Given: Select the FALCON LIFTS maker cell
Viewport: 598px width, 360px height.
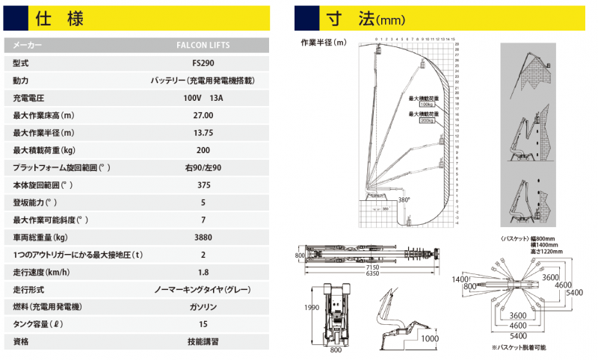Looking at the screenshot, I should coord(203,45).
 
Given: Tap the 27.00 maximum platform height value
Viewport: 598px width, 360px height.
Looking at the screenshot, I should coord(203,115).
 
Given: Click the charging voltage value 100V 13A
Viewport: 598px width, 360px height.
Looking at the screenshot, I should coord(203,98).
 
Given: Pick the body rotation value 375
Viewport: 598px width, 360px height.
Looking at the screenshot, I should coord(203,184).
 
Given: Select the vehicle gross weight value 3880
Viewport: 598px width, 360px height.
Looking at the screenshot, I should coord(203,237).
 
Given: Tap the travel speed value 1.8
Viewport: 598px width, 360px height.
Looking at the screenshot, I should coord(203,272).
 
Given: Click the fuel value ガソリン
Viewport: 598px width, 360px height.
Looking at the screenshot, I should coord(203,307).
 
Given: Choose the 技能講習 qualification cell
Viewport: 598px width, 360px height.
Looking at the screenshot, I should coord(203,341).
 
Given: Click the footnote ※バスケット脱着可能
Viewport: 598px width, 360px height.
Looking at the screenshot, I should coord(519,347).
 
